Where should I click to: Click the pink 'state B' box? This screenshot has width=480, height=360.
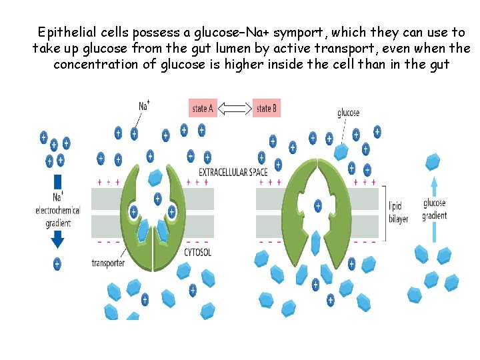(267, 108)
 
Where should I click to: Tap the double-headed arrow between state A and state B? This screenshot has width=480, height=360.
(234, 107)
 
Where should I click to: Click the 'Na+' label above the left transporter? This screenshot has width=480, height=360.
(144, 105)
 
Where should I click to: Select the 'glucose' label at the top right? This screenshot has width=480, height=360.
(349, 113)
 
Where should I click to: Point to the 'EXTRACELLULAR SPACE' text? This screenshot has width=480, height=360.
(233, 172)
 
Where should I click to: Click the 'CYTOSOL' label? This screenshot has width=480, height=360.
(197, 253)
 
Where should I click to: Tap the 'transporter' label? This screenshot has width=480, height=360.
(108, 263)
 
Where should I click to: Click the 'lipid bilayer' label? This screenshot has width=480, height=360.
(399, 213)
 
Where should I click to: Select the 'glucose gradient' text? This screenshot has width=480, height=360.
(435, 209)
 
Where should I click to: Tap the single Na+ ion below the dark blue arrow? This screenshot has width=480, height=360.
(57, 264)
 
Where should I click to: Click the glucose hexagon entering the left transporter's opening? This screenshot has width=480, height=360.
(155, 177)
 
